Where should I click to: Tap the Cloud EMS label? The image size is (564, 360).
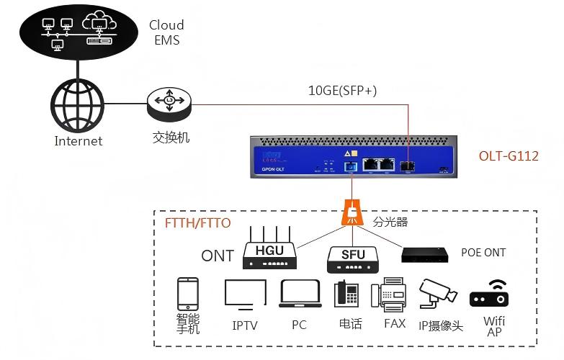click(166, 32)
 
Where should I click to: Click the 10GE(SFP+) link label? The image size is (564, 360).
click(342, 91)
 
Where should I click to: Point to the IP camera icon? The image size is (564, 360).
click(439, 294)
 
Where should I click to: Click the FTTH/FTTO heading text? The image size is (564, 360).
click(198, 223)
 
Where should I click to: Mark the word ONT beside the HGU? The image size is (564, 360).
click(218, 256)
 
